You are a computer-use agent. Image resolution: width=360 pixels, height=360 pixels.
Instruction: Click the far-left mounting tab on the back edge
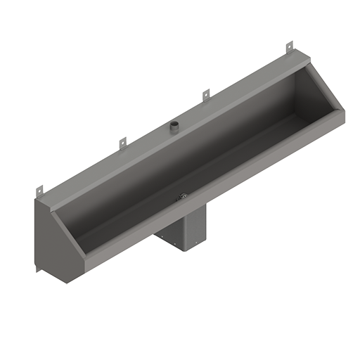coord(40,190)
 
